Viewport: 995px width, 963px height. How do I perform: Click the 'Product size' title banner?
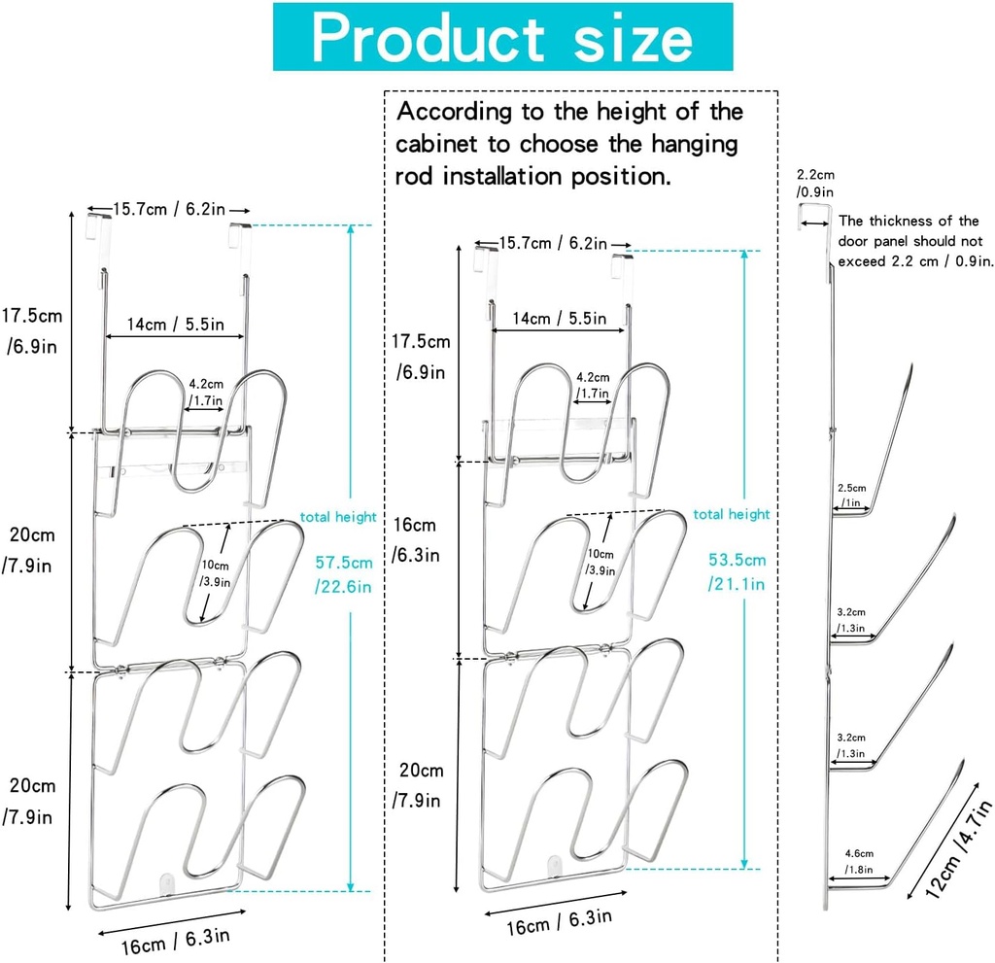[502, 37]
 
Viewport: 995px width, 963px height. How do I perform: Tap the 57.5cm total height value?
[343, 574]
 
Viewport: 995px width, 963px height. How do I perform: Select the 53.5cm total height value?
[737, 571]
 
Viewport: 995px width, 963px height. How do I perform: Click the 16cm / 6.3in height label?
[416, 539]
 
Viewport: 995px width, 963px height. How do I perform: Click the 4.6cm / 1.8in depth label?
[859, 861]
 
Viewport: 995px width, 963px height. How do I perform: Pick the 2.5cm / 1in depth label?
[851, 496]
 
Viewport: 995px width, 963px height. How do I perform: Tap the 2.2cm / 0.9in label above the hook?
[815, 183]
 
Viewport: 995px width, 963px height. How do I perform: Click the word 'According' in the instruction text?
[454, 113]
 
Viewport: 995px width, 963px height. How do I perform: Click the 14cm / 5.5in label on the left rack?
[175, 325]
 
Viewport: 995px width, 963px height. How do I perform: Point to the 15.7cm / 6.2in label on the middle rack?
[552, 243]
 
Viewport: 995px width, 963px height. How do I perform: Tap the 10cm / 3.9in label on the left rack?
[216, 573]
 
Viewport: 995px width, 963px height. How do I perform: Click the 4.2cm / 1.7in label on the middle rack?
[593, 386]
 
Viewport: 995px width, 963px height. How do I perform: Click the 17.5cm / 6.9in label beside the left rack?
[32, 330]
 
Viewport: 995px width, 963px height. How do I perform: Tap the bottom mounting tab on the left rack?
[166, 883]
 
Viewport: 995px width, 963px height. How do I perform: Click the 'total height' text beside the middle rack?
[731, 514]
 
